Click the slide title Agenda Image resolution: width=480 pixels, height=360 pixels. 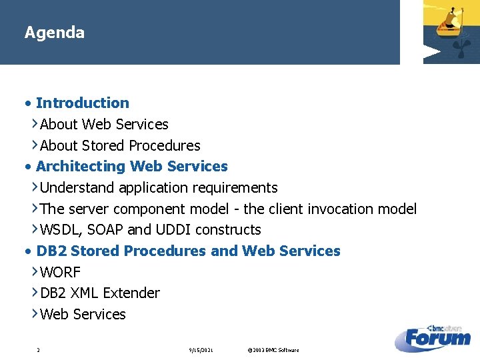[x=54, y=33]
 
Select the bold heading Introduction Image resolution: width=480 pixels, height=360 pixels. [x=82, y=103]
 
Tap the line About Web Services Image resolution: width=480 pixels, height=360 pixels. [x=104, y=124]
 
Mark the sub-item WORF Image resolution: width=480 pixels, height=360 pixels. [x=60, y=272]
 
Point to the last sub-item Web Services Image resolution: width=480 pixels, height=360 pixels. [x=83, y=314]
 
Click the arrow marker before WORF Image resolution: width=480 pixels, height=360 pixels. [x=35, y=271]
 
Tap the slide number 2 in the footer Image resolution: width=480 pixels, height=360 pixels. [x=39, y=350]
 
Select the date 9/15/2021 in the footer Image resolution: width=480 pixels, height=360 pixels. [x=201, y=350]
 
